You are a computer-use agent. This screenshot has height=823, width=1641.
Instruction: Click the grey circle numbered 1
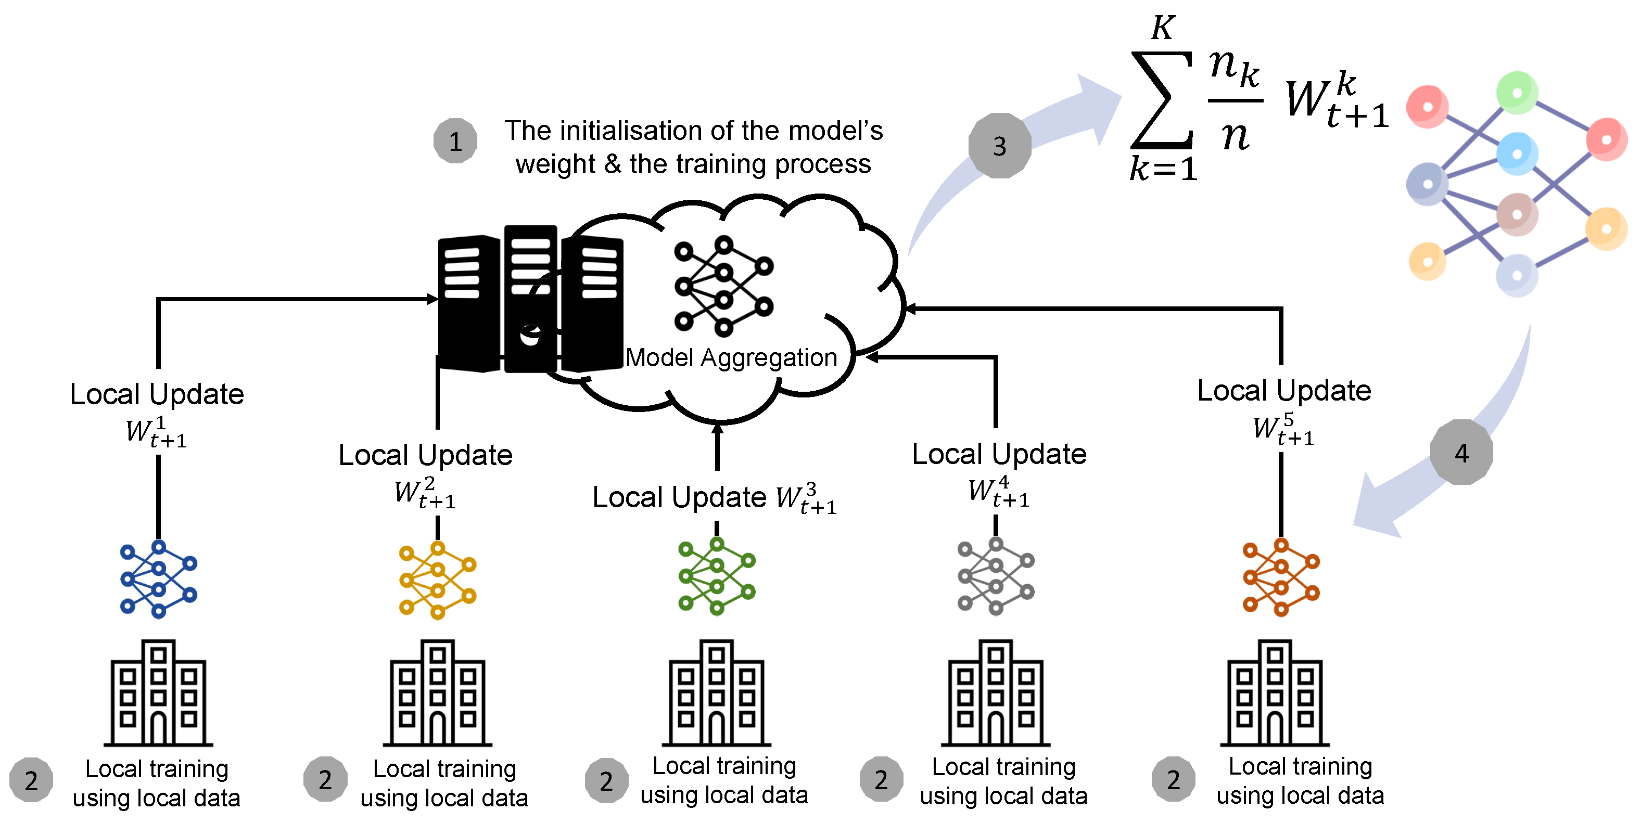click(455, 141)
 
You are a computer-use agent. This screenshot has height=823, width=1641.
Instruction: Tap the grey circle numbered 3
click(999, 146)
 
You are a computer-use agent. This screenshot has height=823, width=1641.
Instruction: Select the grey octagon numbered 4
click(1461, 452)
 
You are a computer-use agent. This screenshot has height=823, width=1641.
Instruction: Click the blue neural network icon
click(159, 578)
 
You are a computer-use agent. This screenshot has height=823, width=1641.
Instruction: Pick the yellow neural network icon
click(438, 580)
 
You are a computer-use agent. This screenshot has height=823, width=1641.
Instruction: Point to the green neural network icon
click(717, 576)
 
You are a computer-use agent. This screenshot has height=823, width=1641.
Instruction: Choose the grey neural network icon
click(996, 576)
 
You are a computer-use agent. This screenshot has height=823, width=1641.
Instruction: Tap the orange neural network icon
click(1280, 577)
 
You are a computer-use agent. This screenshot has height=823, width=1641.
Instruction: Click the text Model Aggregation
click(731, 357)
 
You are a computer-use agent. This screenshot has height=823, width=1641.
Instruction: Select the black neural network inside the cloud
click(723, 286)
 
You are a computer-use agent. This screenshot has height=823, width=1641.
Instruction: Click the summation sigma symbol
click(1161, 100)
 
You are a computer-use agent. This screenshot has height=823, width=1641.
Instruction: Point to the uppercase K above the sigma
click(1163, 28)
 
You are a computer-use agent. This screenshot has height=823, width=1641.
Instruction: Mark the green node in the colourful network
click(1517, 93)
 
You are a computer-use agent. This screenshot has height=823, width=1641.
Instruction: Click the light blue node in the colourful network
click(1517, 153)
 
